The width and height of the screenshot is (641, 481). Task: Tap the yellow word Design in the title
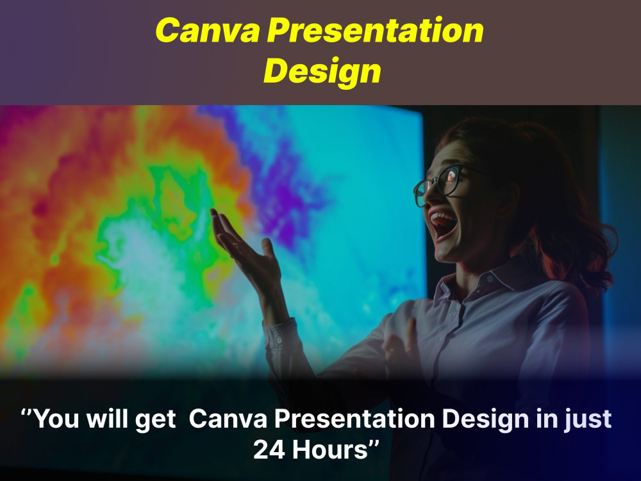pyautogui.click(x=322, y=71)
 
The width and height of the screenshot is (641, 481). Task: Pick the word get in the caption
pyautogui.click(x=154, y=421)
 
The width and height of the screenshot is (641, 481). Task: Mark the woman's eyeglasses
pyautogui.click(x=442, y=183)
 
